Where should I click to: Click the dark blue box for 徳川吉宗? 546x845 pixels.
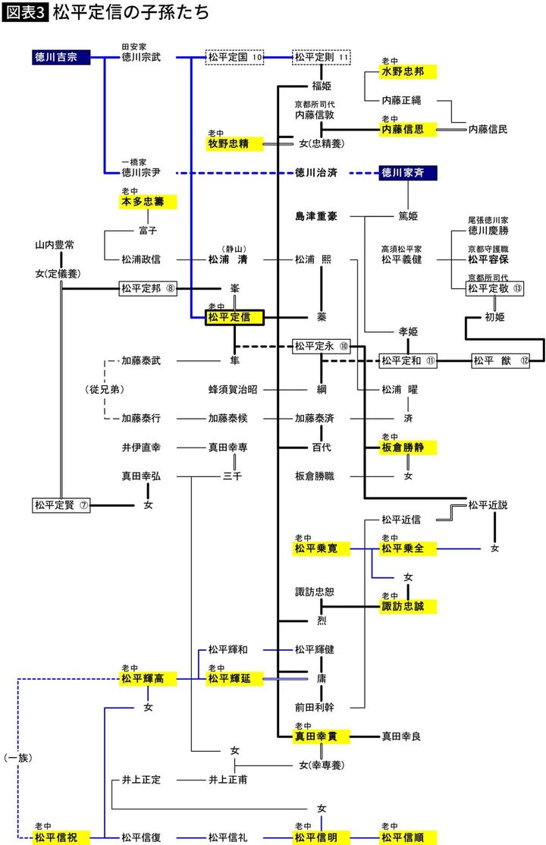pos(61,57)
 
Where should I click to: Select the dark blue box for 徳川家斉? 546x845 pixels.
pos(408,173)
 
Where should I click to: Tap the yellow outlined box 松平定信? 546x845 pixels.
pos(234,317)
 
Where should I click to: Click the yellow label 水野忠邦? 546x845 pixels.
pos(408,71)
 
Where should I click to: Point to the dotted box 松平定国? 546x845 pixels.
pos(234,57)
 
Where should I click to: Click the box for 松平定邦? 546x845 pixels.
pos(147,288)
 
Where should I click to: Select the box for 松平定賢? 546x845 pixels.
pos(61,504)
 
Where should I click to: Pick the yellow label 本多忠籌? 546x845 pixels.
pos(147,202)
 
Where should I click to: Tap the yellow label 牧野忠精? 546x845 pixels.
pos(234,143)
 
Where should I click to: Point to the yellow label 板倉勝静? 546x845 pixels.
pos(408,448)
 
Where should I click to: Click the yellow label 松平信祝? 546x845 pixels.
pos(61,837)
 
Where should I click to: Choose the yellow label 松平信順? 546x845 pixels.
pos(408,837)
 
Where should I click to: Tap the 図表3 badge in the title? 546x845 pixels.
pos(24,14)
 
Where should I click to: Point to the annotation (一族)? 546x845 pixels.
pos(17,757)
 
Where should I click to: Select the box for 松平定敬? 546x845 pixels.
pos(494,288)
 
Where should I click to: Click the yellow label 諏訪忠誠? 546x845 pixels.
pos(408,606)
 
